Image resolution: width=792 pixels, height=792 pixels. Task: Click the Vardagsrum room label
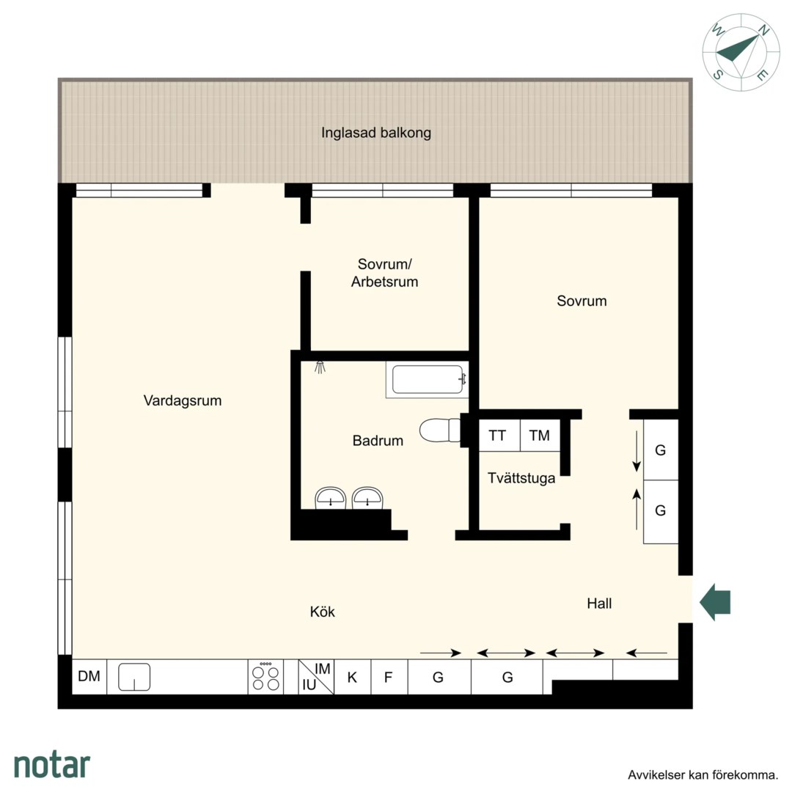click(183, 400)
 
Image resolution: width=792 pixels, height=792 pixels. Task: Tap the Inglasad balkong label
click(376, 133)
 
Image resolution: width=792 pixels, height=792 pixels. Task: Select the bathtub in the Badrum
click(428, 379)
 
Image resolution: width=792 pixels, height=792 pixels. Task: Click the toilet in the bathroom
click(439, 430)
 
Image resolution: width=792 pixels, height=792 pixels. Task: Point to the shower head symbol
click(320, 367)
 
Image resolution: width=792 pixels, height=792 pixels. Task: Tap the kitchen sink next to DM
click(134, 677)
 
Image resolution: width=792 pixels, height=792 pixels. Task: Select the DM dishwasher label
click(89, 676)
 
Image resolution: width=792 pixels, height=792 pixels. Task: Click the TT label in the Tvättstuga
click(497, 436)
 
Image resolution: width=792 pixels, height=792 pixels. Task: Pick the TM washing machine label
click(539, 436)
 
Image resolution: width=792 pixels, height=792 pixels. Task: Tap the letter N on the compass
click(764, 31)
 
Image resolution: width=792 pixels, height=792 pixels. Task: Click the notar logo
click(52, 766)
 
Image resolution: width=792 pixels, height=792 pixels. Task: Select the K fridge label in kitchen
click(352, 678)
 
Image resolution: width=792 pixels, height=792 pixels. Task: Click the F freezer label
click(388, 678)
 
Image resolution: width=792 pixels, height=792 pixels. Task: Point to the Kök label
click(322, 612)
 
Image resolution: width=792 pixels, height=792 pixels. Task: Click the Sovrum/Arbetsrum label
click(385, 273)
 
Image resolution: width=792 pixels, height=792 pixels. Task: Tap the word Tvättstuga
click(521, 478)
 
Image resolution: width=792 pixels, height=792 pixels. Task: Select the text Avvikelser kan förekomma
click(703, 775)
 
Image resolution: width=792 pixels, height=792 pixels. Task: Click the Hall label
click(599, 603)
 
